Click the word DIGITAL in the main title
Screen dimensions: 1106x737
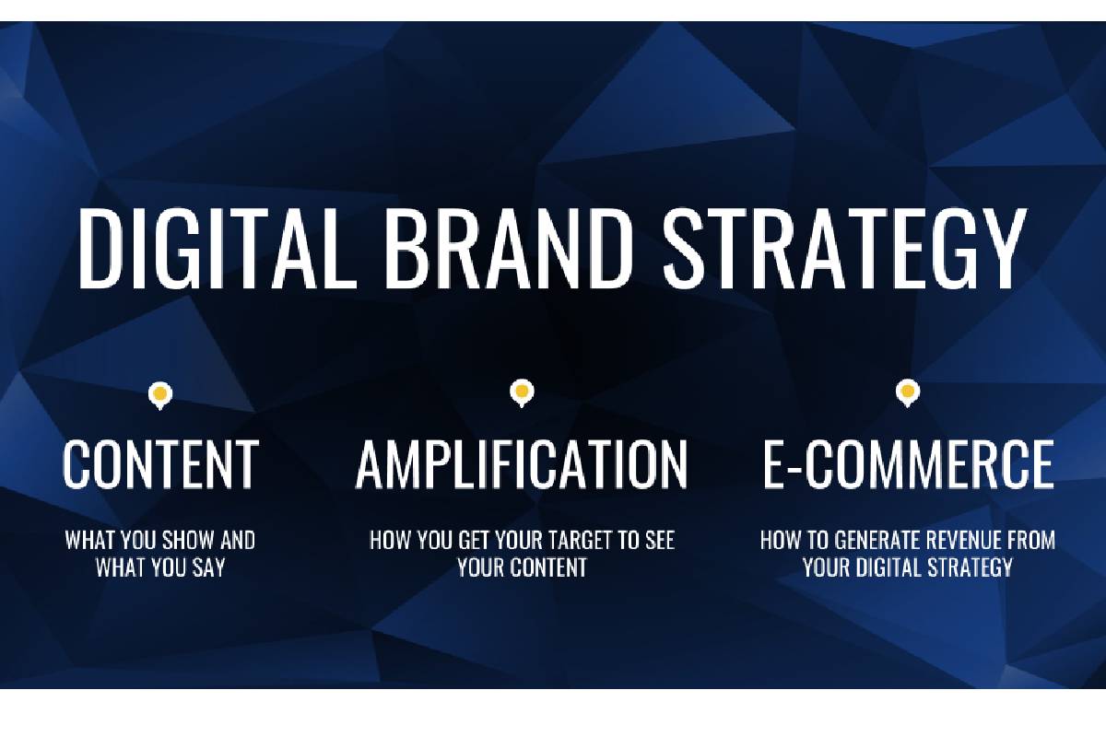[218, 249]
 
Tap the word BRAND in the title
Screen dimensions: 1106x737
[510, 249]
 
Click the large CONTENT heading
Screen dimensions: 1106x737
[160, 464]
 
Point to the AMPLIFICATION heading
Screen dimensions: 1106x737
[522, 464]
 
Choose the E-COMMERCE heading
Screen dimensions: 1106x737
[908, 464]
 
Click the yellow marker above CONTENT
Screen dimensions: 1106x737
[160, 395]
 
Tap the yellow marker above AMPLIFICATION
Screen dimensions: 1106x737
[522, 393]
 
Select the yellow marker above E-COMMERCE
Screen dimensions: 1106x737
[908, 393]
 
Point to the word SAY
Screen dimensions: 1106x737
[208, 567]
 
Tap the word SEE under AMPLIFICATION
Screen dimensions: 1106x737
[660, 541]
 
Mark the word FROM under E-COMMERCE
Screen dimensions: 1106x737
[1031, 541]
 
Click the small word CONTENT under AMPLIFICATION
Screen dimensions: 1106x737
[548, 567]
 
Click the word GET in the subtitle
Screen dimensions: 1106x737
[474, 541]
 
